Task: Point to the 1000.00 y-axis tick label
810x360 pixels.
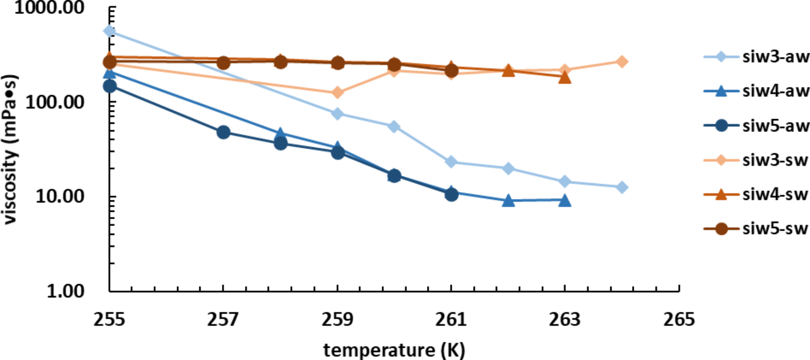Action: [x=50, y=7]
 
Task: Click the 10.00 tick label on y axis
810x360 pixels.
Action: [x=60, y=197]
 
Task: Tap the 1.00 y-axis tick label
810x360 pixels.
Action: [x=65, y=291]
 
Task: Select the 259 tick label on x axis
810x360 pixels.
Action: [x=337, y=320]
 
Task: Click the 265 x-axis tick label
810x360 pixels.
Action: [x=679, y=320]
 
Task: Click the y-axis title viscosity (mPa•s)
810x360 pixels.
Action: [x=11, y=149]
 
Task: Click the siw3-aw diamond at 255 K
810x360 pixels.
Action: [x=109, y=31]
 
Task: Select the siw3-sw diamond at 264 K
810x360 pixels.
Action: [x=622, y=62]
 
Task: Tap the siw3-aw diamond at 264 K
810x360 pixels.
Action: [x=622, y=187]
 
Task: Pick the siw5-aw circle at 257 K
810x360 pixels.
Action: [x=223, y=132]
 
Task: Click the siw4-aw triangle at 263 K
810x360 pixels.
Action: [x=565, y=200]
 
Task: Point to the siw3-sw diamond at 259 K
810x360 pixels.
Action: [x=337, y=93]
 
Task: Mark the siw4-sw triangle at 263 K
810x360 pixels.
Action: [x=565, y=77]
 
